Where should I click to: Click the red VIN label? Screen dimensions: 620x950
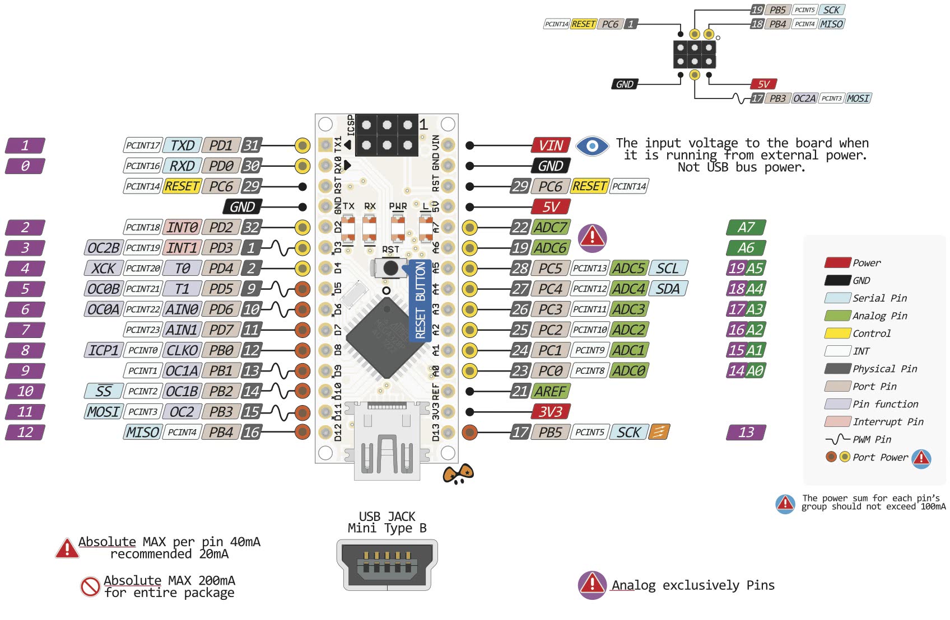551,145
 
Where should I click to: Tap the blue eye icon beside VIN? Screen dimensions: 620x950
592,146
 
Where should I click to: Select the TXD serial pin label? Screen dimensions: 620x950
182,145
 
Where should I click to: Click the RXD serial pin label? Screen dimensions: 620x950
182,166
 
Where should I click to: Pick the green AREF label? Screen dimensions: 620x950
551,392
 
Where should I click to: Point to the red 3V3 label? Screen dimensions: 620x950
551,412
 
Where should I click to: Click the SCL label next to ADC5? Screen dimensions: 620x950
668,269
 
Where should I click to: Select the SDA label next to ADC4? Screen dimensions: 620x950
668,289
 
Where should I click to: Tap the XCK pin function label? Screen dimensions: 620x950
103,269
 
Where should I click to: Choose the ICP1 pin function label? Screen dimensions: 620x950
104,351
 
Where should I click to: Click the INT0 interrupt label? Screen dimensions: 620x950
182,228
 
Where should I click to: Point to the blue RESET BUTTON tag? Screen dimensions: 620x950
420,300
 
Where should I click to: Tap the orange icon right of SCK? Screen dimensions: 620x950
659,432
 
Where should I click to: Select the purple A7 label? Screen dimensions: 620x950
746,228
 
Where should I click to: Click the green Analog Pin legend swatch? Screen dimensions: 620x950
837,316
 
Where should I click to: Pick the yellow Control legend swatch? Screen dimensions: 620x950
837,334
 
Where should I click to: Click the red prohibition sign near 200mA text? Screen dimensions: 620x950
90,586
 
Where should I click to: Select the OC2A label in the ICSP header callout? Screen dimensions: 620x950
804,98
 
